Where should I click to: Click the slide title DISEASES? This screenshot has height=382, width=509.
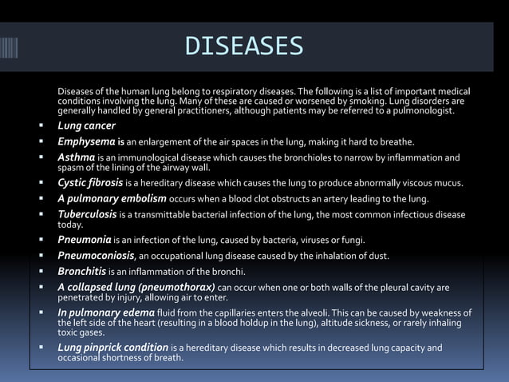pos(243,46)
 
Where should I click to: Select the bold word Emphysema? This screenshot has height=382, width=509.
pos(88,141)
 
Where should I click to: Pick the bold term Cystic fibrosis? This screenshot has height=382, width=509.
pos(90,183)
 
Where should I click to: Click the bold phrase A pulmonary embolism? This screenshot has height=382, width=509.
pos(112,198)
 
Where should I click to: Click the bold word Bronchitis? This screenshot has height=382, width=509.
pos(82,272)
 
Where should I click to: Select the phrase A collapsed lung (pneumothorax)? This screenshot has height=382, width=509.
pos(136,287)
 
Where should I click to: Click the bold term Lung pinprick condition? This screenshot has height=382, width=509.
pos(112,348)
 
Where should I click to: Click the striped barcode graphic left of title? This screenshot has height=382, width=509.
pos(8,47)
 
